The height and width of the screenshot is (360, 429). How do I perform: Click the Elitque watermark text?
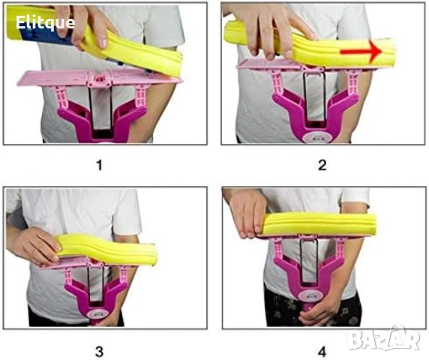pyautogui.click(x=45, y=22)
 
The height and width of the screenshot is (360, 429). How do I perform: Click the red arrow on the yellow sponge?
pyautogui.click(x=361, y=51)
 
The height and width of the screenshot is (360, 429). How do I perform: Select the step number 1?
pyautogui.click(x=99, y=165)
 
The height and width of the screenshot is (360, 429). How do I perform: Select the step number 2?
pyautogui.click(x=322, y=165)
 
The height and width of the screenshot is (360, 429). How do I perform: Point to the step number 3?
pyautogui.click(x=99, y=352)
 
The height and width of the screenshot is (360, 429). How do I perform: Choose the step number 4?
pyautogui.click(x=322, y=352)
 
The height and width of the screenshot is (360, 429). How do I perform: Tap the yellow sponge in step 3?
pyautogui.click(x=107, y=250)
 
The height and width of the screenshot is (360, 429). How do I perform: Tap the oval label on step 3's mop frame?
pyautogui.click(x=97, y=314)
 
